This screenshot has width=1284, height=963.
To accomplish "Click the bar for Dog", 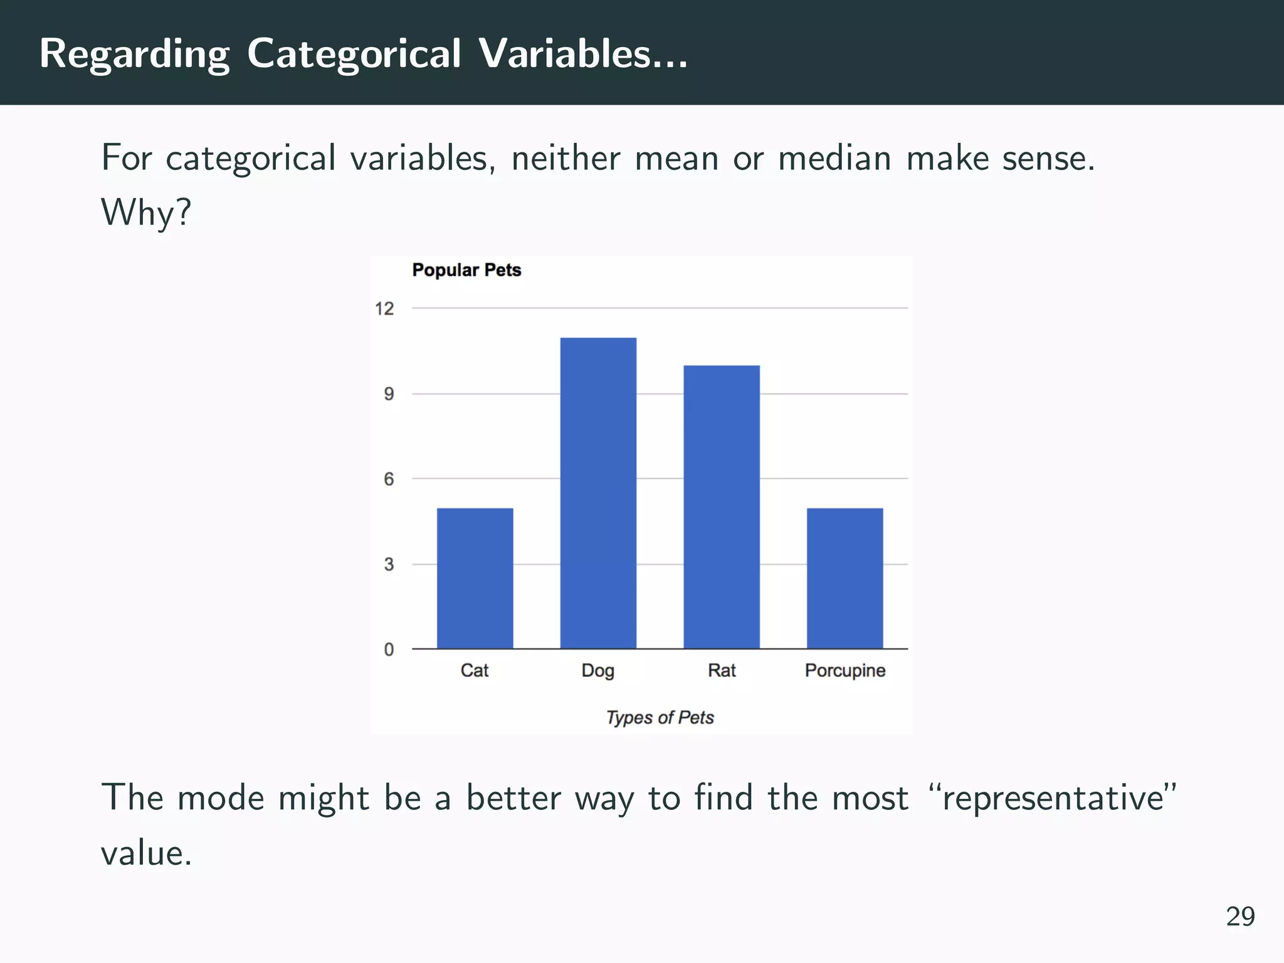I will tap(598, 493).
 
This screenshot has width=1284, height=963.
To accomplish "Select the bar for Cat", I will tap(475, 578).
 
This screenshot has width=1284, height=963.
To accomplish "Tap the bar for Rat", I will tap(721, 507).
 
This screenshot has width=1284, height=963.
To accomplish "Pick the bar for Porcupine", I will tap(845, 578).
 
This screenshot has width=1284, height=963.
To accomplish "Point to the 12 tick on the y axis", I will tap(384, 308).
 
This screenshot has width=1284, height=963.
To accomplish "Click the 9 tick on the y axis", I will tap(389, 394).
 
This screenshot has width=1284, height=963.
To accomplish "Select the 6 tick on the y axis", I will tap(389, 479).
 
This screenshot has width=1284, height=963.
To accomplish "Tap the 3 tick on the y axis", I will tap(389, 564).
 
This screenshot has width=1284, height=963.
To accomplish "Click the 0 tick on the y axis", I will tap(389, 650).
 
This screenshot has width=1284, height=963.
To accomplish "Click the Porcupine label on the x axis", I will tap(845, 670).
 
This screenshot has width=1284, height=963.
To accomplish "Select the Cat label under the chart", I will tap(474, 670).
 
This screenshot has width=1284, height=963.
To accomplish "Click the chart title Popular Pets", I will tap(466, 270).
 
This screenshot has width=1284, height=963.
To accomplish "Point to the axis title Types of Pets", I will tap(660, 717).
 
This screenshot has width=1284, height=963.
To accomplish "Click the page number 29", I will tap(1240, 917).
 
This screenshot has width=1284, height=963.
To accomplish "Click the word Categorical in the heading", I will tap(354, 53).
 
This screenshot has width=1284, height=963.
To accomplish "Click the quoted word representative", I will tap(1053, 798).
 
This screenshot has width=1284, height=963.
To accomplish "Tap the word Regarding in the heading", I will tap(134, 55).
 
